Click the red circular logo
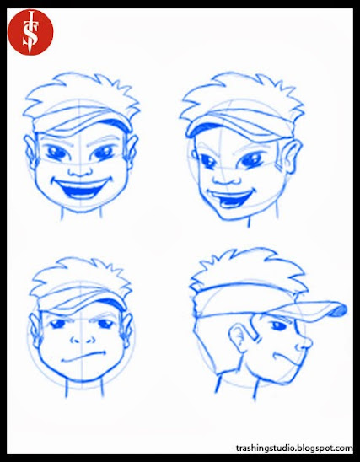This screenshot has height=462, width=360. click(x=30, y=32)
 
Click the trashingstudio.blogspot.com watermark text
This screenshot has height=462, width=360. click(x=294, y=449)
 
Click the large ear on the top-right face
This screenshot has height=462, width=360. click(x=291, y=156)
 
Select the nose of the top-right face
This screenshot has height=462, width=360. click(x=224, y=178)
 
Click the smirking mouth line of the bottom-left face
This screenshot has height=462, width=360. click(x=83, y=357)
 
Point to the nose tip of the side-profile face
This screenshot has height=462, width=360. click(x=310, y=342)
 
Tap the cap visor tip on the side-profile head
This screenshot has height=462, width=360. click(x=341, y=309)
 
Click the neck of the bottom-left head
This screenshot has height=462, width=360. click(x=84, y=389)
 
